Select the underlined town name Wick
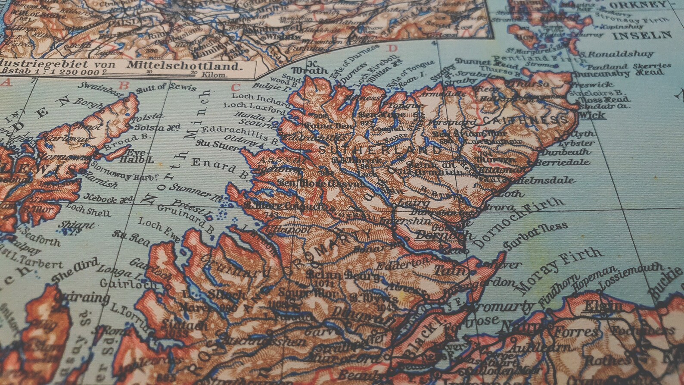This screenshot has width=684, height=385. click(593, 115)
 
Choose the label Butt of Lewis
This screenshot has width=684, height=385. click(166, 88)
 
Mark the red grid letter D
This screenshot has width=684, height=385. click(392, 48)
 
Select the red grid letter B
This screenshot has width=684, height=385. click(124, 85)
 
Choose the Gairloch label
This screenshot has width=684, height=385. click(121, 283)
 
